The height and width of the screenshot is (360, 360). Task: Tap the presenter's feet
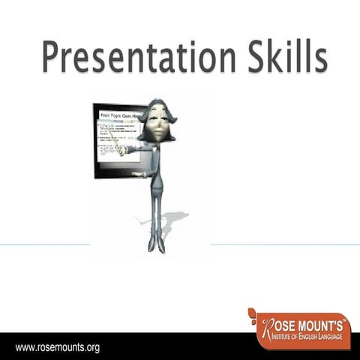pyautogui.click(x=157, y=245)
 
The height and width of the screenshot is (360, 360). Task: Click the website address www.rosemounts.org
pyautogui.click(x=58, y=348)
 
